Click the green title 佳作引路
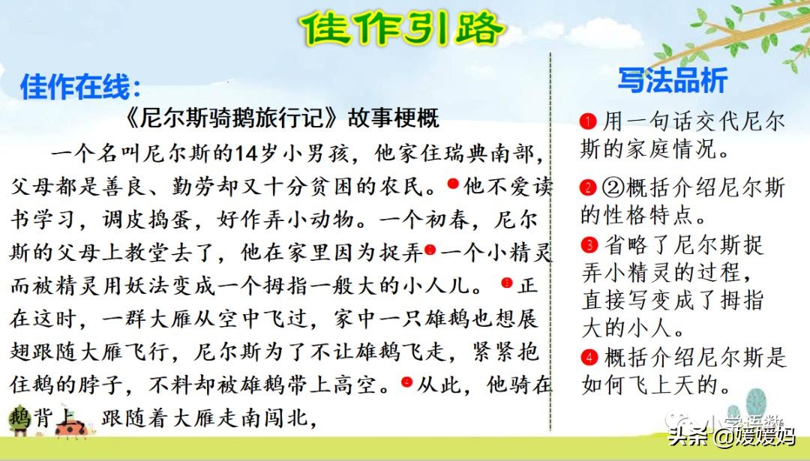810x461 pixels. (x=403, y=28)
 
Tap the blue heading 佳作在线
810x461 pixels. (x=80, y=85)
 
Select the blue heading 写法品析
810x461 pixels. (x=673, y=80)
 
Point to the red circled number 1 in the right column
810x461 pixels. (x=588, y=121)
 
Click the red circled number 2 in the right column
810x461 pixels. (x=588, y=187)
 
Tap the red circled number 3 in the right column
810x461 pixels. (x=589, y=244)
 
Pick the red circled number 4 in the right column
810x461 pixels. (x=589, y=357)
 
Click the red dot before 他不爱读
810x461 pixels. (x=453, y=183)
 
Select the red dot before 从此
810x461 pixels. (x=407, y=382)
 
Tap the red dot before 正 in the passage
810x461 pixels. (x=507, y=283)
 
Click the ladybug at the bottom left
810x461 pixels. (x=71, y=428)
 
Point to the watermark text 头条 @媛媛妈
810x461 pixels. (x=731, y=437)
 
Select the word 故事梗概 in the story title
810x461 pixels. (x=393, y=118)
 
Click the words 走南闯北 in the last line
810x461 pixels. (x=263, y=418)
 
